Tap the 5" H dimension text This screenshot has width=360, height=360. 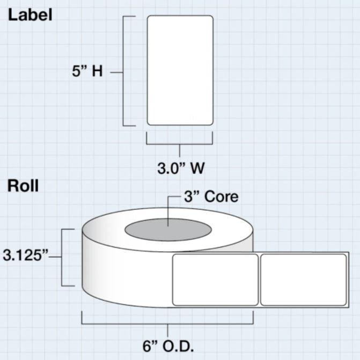(87, 71)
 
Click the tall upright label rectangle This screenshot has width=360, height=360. (180, 70)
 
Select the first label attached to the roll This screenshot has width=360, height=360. (215, 280)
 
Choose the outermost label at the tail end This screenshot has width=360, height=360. (303, 280)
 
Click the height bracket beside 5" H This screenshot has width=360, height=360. (125, 70)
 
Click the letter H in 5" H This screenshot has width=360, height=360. (97, 71)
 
